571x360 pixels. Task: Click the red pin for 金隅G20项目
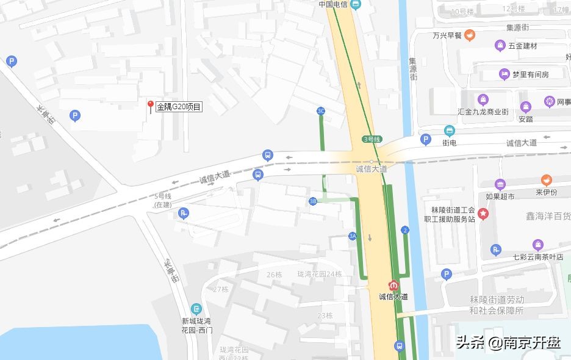coord(150,106)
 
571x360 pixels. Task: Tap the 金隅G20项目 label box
coord(179,107)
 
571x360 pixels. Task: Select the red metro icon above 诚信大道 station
coord(393,285)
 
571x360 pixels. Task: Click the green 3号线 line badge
coord(371,139)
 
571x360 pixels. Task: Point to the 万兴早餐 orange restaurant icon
coord(469,35)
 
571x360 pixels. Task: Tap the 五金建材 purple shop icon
coord(500,46)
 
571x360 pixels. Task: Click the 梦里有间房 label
coord(530,74)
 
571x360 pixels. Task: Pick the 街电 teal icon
coord(449,131)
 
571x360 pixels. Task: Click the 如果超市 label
coord(500,196)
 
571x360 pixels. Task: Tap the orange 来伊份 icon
coord(546,180)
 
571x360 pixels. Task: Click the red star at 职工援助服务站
coord(483,214)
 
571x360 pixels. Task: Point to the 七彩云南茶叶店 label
coord(538,257)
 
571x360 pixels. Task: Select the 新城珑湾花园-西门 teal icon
coord(196,309)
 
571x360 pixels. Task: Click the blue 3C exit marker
coord(321,110)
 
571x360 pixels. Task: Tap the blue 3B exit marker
coord(313,201)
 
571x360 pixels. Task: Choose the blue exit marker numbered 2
coord(404,230)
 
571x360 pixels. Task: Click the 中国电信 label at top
coord(334,4)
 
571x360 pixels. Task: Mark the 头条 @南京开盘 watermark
coord(508,342)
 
